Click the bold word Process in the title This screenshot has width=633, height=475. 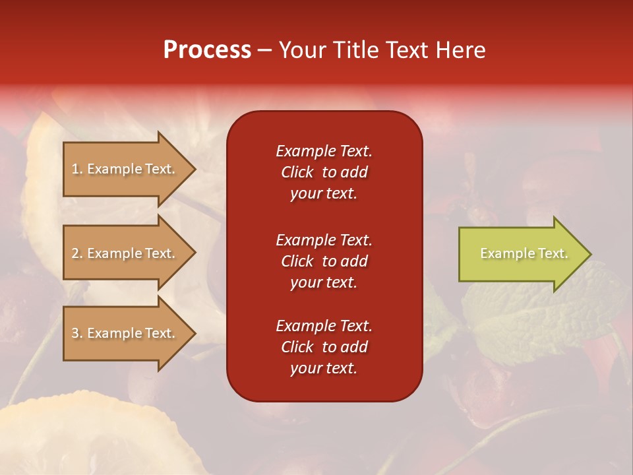(207, 50)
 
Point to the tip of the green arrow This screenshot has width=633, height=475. (589, 254)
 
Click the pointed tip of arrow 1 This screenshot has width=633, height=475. (194, 169)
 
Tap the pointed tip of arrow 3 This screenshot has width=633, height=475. (194, 333)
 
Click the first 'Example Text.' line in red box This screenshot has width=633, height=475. (324, 151)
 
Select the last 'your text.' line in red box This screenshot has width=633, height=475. (324, 368)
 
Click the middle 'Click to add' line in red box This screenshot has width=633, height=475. (324, 261)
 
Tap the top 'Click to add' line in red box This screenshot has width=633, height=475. (324, 172)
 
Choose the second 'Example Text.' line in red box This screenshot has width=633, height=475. (324, 239)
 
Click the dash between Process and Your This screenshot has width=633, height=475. (264, 51)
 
